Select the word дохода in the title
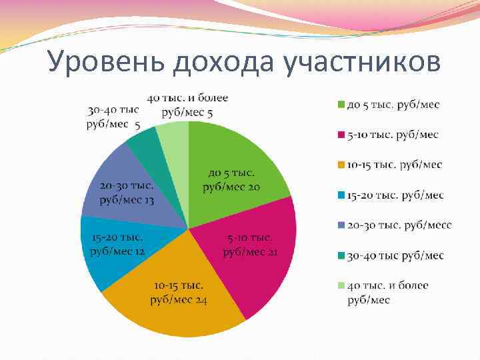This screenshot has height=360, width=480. coord(223,63)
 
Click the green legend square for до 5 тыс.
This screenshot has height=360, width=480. coord(341,105)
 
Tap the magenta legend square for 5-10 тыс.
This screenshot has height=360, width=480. coord(341,135)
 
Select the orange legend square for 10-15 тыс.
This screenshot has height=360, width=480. coord(341,165)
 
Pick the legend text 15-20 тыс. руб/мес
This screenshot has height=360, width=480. coord(395,195)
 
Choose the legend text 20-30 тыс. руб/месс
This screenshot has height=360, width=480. coord(399,225)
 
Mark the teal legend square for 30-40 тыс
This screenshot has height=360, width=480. coord(341,255)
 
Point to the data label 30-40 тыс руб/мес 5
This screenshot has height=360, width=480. coord(113,117)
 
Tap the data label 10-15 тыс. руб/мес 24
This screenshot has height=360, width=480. coord(179,293)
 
